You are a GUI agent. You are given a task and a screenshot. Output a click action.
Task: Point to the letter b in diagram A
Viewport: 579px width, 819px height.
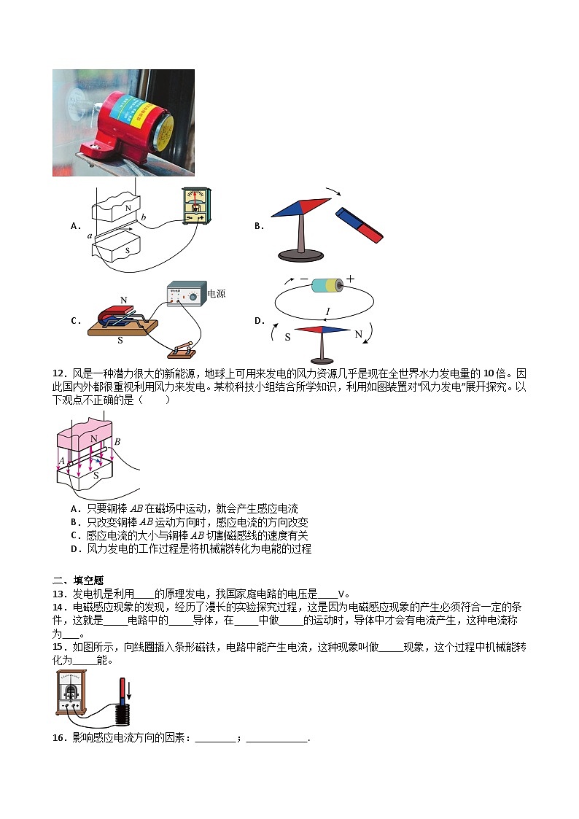click(144, 217)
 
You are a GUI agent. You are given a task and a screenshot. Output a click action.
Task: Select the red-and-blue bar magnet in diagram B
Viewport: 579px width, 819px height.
click(359, 225)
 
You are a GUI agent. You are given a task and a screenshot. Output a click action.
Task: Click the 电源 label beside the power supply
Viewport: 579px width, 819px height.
click(217, 294)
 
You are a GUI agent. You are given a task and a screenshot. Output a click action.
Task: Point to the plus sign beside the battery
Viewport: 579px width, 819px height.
click(350, 279)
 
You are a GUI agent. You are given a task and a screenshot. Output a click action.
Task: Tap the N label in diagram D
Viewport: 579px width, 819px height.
click(358, 335)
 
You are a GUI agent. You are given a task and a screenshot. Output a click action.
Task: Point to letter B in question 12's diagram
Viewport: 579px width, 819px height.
click(117, 441)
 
